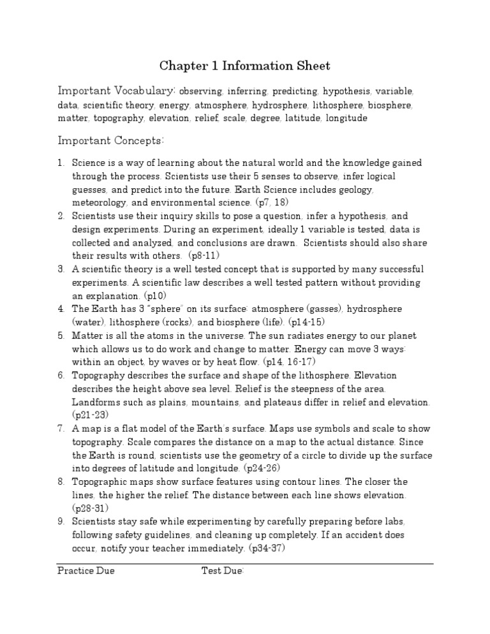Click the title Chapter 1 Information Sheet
pos(245,66)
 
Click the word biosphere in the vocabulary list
pos(392,105)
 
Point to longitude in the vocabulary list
pos(346,118)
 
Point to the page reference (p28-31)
pos(91,508)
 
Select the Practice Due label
pos(86,571)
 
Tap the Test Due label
pos(223,571)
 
